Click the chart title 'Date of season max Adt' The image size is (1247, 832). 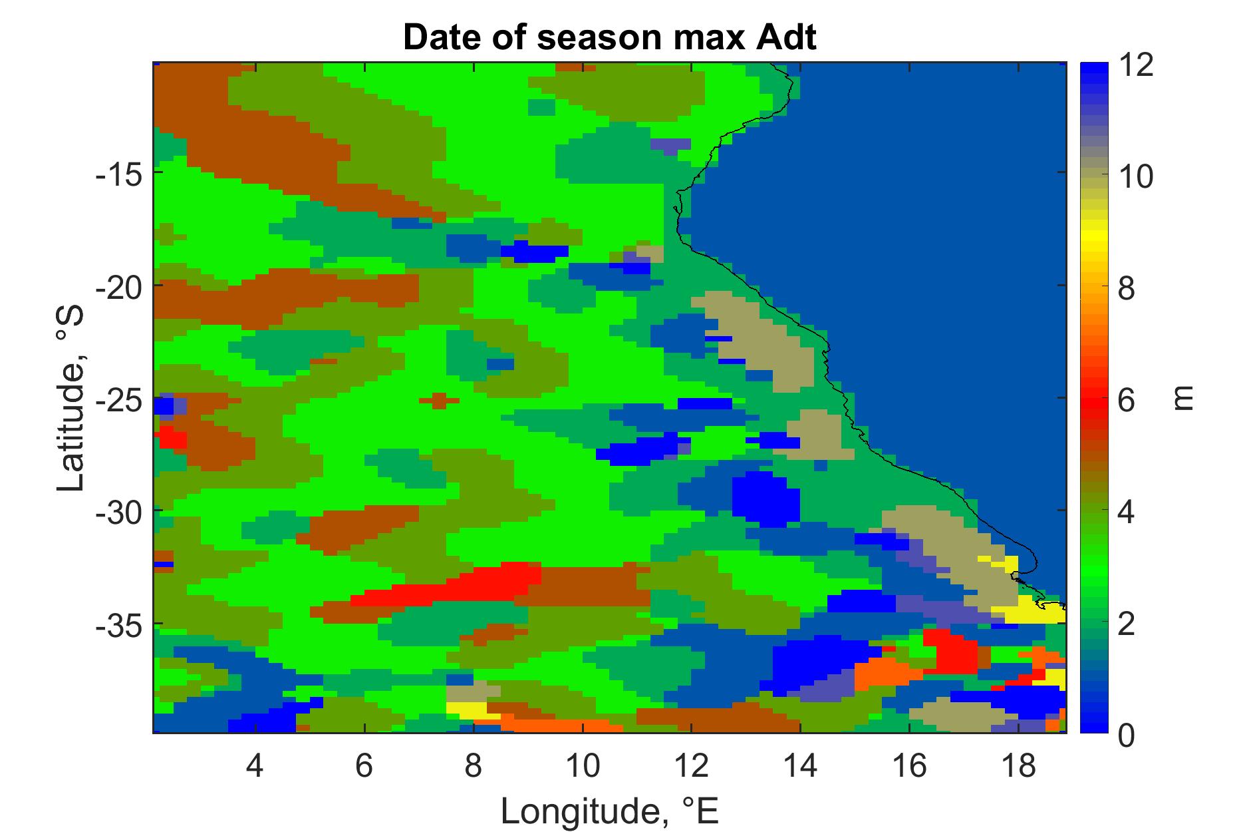coord(609,39)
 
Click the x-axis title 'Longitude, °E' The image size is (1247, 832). coord(609,809)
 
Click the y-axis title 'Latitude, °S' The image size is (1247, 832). coord(71,398)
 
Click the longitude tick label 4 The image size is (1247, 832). coord(255,766)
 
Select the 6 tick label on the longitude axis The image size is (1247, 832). coord(364,766)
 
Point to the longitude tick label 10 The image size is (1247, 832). coord(582,766)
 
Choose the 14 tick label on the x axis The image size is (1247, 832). coord(800,766)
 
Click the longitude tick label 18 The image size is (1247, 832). coord(1018,766)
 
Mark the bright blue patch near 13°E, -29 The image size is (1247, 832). coord(765,498)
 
